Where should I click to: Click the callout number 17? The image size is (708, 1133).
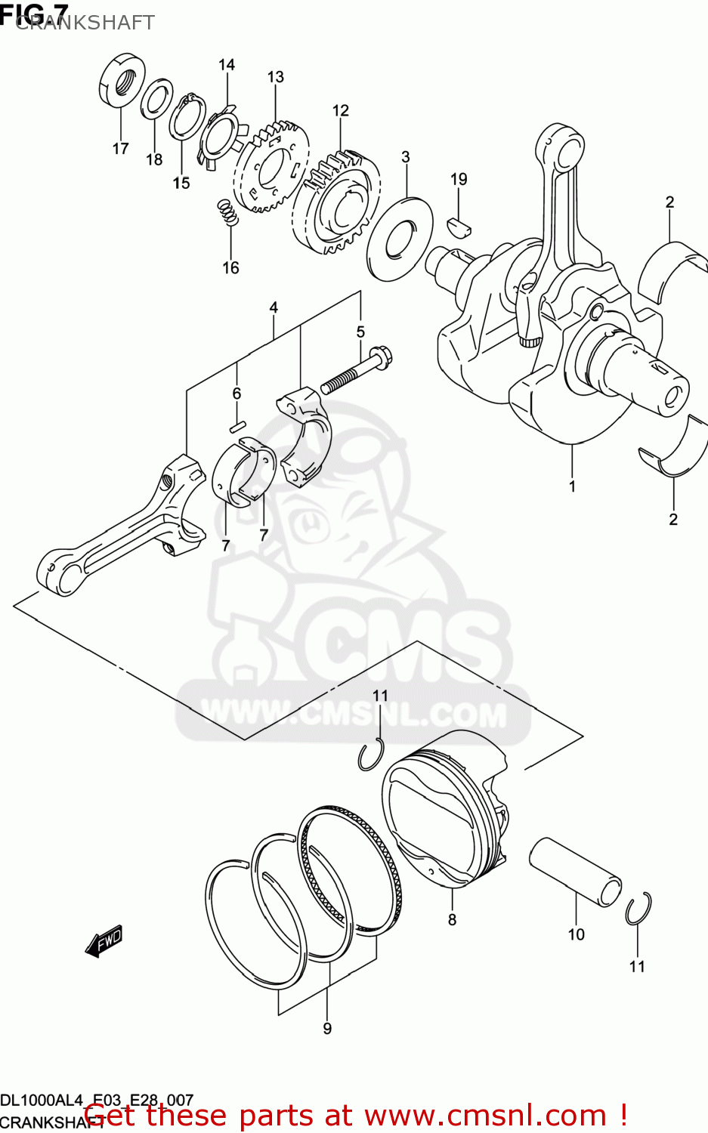tap(120, 148)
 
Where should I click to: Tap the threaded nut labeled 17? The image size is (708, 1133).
tap(122, 80)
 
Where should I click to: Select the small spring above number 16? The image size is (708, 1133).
tap(227, 212)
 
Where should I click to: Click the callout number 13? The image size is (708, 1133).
tap(275, 77)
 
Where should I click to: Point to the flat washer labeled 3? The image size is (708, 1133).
tap(400, 238)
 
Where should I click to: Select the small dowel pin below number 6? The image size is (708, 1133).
tap(237, 426)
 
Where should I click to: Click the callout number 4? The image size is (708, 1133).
tap(274, 307)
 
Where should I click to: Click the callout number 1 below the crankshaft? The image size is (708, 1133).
tap(572, 486)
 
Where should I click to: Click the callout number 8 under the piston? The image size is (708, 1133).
tap(452, 919)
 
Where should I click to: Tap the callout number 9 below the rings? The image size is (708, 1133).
tap(327, 1028)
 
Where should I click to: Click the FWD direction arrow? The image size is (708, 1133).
tap(104, 941)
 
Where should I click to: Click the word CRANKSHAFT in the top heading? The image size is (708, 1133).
tap(85, 23)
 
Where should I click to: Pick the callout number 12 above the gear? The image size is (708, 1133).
tap(340, 111)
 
